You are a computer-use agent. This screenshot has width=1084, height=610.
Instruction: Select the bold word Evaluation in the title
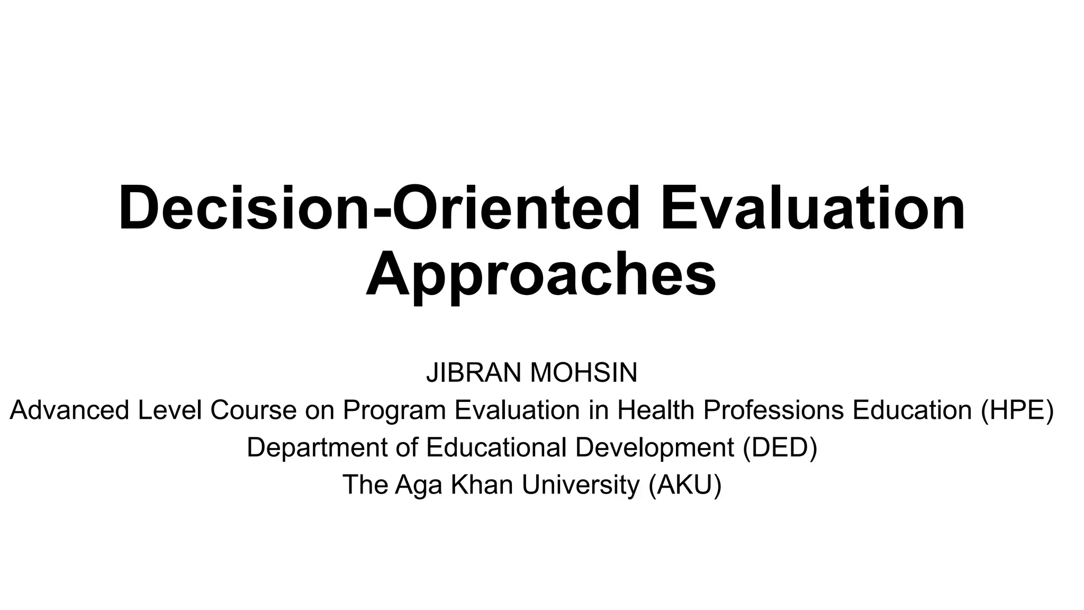(x=813, y=208)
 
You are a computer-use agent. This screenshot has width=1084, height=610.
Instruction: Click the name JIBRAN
(x=474, y=373)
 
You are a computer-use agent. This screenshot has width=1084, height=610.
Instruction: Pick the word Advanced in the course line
(x=69, y=410)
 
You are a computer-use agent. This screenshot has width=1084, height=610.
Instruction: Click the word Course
(x=253, y=410)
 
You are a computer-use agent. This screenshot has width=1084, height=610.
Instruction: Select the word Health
(x=656, y=410)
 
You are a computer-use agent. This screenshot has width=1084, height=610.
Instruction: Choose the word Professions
(x=773, y=410)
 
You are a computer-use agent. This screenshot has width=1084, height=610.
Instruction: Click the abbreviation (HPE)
(x=1017, y=410)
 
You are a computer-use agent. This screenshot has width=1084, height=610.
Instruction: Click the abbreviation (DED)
(x=780, y=447)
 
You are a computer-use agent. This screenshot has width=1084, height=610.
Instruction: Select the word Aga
(x=419, y=485)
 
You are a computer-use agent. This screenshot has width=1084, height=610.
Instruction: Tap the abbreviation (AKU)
(x=685, y=485)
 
